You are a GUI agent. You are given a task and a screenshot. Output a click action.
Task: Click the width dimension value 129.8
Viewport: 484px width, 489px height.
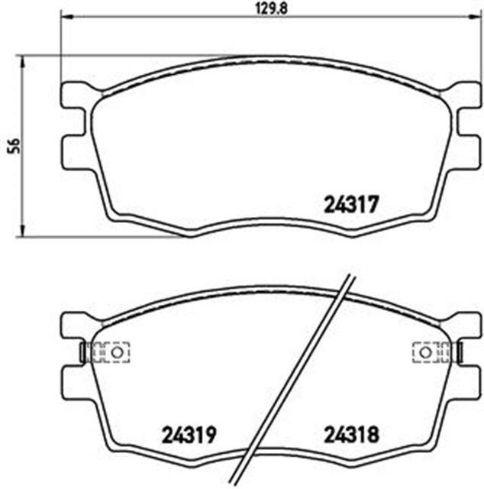point(271,8)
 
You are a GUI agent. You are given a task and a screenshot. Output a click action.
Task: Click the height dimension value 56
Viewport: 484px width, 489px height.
point(15,146)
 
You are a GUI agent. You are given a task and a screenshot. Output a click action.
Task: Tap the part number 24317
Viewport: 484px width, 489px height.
point(351,205)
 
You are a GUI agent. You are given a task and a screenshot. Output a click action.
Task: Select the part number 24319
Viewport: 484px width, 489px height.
point(189,435)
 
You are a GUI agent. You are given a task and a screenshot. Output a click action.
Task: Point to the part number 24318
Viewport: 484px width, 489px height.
point(351,435)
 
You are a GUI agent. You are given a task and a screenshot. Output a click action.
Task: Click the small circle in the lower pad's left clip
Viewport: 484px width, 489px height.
point(118,352)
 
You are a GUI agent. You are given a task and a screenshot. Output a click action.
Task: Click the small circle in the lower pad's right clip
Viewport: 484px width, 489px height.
point(425,352)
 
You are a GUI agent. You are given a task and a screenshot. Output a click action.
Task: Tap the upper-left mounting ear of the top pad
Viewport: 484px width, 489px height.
point(75,95)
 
